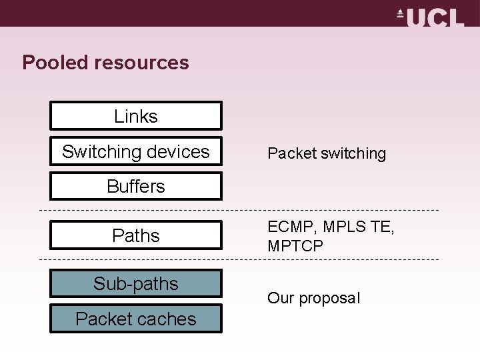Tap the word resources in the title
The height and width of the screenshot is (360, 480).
[x=142, y=63]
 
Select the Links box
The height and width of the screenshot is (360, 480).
[x=136, y=116]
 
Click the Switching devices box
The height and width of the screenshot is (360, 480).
[x=136, y=151]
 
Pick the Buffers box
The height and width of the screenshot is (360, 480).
[x=136, y=186]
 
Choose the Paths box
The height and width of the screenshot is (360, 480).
[x=136, y=235]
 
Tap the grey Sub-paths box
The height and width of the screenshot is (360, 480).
[x=136, y=283]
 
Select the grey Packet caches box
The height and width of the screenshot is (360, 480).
[x=136, y=319]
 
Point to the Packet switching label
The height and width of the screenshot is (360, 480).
[x=327, y=153]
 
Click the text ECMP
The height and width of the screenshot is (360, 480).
[x=291, y=228]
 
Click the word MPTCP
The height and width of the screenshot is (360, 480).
[x=295, y=246]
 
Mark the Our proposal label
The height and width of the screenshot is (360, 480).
[x=313, y=298]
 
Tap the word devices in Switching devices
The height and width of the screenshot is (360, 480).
[x=179, y=151]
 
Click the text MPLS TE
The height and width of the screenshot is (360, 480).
[x=358, y=228]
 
